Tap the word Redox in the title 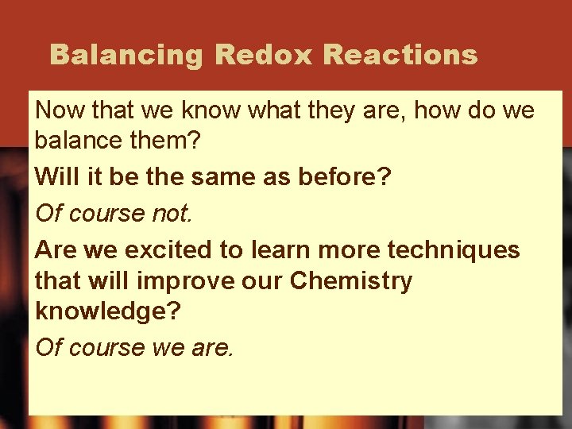tap(265, 55)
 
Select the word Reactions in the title tap(401, 55)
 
